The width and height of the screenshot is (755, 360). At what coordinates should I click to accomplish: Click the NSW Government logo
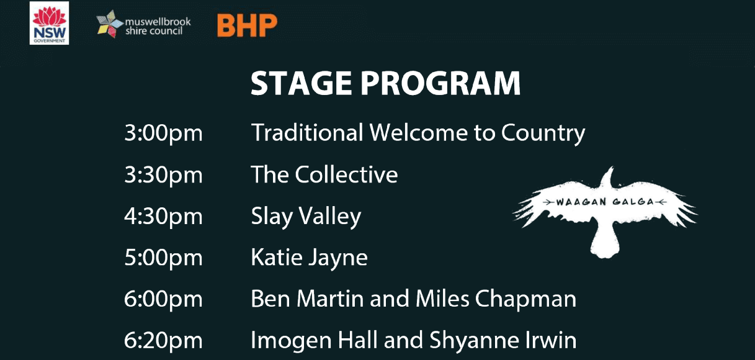(49, 23)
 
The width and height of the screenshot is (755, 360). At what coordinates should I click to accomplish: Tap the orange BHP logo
(247, 25)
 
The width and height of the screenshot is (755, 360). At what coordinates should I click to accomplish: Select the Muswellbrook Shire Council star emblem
(110, 24)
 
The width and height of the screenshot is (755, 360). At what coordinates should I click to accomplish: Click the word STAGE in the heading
(302, 83)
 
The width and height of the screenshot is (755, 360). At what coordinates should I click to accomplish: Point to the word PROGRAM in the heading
(441, 83)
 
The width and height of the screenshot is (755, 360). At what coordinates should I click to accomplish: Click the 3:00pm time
(164, 133)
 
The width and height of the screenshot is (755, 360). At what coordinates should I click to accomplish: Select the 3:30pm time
(164, 175)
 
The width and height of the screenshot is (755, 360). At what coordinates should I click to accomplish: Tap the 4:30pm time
(164, 217)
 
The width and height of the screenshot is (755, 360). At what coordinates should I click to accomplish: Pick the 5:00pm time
(164, 258)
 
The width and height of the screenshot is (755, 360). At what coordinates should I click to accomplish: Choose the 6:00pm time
(164, 300)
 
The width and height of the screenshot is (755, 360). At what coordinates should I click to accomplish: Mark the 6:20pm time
(164, 341)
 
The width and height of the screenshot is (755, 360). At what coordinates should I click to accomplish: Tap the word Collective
(347, 174)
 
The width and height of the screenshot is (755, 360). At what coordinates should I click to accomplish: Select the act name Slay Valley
(306, 217)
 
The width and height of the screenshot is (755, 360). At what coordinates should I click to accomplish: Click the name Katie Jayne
(310, 258)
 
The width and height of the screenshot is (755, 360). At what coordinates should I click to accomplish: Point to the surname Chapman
(526, 299)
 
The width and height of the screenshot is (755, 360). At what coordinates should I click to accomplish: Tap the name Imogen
(292, 341)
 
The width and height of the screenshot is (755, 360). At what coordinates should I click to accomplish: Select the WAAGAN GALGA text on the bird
(605, 202)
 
